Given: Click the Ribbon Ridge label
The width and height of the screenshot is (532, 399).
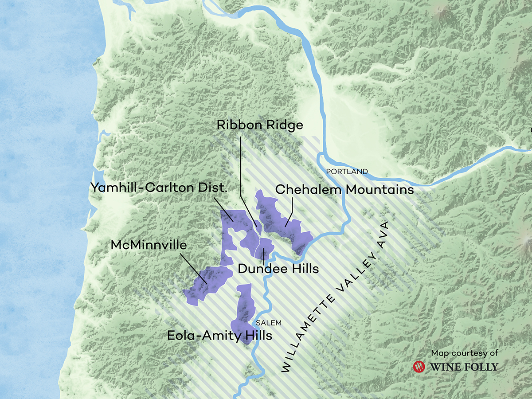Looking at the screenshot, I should click(260, 125).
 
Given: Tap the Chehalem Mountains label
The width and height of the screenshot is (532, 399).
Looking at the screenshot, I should click(344, 190).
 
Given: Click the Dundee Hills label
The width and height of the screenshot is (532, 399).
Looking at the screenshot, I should click(278, 269).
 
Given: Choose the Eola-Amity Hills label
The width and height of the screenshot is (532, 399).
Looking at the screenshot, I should click(219, 336).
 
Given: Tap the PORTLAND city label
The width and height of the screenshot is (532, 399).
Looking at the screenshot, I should click(347, 171).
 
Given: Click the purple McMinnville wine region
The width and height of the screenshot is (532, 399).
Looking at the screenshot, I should click(208, 284).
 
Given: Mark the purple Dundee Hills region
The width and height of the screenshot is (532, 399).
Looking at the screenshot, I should click(266, 248).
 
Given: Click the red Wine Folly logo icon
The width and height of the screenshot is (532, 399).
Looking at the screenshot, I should click(419, 367).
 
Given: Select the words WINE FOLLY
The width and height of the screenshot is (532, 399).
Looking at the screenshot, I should click(462, 367).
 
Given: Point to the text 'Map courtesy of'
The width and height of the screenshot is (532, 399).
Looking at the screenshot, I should click(465, 353).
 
